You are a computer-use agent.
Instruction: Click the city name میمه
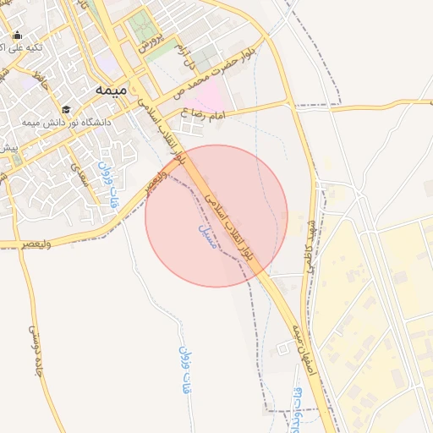click(x=112, y=89)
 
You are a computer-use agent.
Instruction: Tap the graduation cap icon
click(x=67, y=109)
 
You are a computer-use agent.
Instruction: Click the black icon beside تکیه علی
click(x=18, y=36)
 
